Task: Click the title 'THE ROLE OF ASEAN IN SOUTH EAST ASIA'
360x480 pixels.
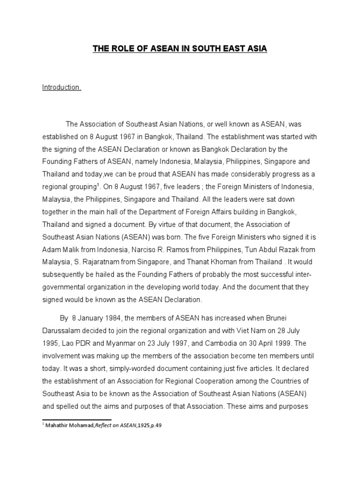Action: (180, 49)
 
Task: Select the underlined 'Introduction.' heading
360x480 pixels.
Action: (61, 88)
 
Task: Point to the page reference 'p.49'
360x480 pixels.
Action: (158, 426)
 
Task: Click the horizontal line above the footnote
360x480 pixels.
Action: (77, 420)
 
